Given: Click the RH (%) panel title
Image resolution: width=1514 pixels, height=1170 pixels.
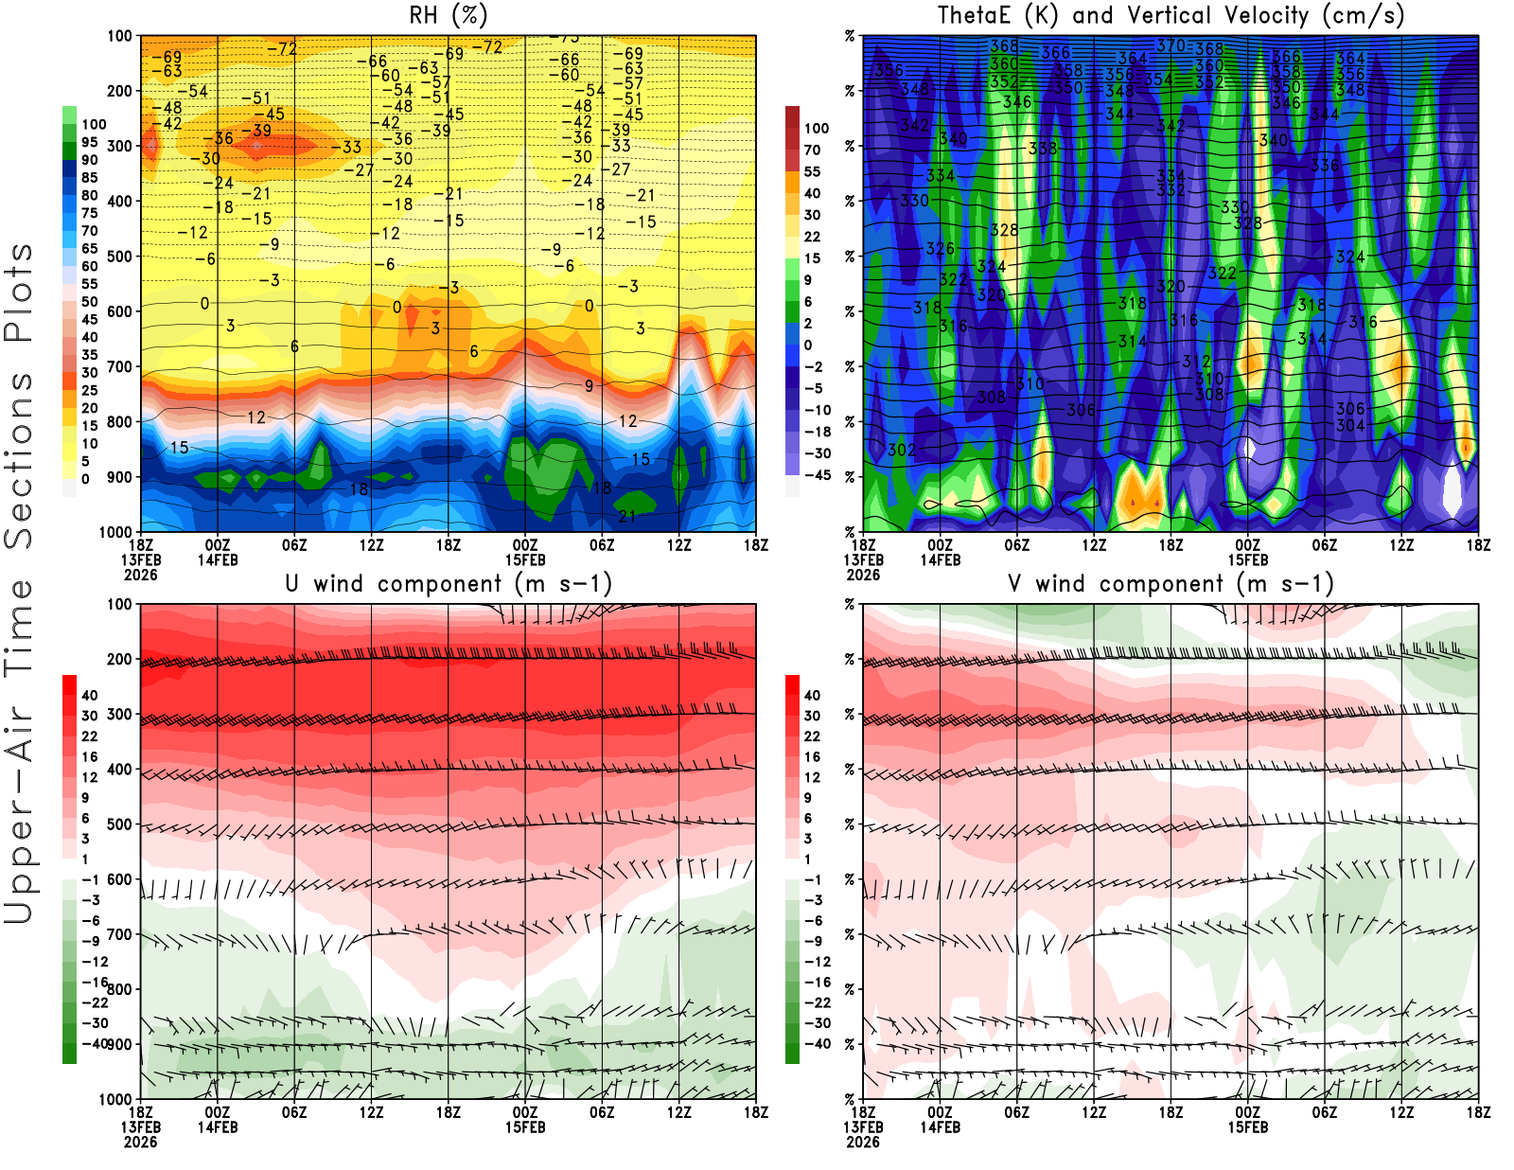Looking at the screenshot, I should point(448,16).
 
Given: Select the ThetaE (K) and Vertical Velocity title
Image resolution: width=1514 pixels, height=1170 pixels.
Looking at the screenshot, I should point(1171,16).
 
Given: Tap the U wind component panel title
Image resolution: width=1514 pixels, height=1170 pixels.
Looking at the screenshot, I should point(449,584).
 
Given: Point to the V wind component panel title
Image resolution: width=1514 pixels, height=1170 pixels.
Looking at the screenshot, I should point(1171,584).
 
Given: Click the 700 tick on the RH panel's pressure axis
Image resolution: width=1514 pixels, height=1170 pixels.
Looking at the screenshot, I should point(119,366).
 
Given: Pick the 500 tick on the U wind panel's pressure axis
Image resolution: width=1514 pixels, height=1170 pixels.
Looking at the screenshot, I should point(119,824).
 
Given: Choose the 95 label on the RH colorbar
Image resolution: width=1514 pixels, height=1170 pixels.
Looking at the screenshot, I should point(90,142).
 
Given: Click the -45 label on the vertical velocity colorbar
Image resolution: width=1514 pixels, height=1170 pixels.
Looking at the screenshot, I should point(817,475).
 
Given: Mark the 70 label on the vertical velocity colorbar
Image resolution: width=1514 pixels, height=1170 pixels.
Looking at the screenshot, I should point(812,150).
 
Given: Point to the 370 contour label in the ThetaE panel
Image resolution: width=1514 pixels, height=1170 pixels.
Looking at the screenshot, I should point(1171,45).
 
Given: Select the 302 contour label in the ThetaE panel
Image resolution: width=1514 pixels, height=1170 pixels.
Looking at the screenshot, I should point(902,450).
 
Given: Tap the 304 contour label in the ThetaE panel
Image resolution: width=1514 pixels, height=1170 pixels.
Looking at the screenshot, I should point(1350,425).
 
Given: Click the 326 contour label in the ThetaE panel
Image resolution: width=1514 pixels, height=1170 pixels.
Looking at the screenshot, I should point(940,248).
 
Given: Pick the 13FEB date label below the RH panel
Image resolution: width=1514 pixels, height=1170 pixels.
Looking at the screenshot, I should point(141,559).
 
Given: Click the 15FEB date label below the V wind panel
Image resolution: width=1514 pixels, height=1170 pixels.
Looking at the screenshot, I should point(1248,1127).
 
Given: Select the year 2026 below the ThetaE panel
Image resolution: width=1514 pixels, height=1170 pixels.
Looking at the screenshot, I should point(863,575).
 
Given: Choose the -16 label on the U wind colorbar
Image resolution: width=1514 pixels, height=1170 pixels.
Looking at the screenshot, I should point(94,983).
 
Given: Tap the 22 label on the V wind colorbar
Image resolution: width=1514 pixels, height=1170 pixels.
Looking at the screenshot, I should point(812,736).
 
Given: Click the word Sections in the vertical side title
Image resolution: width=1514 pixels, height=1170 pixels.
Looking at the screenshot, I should point(19,459).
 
